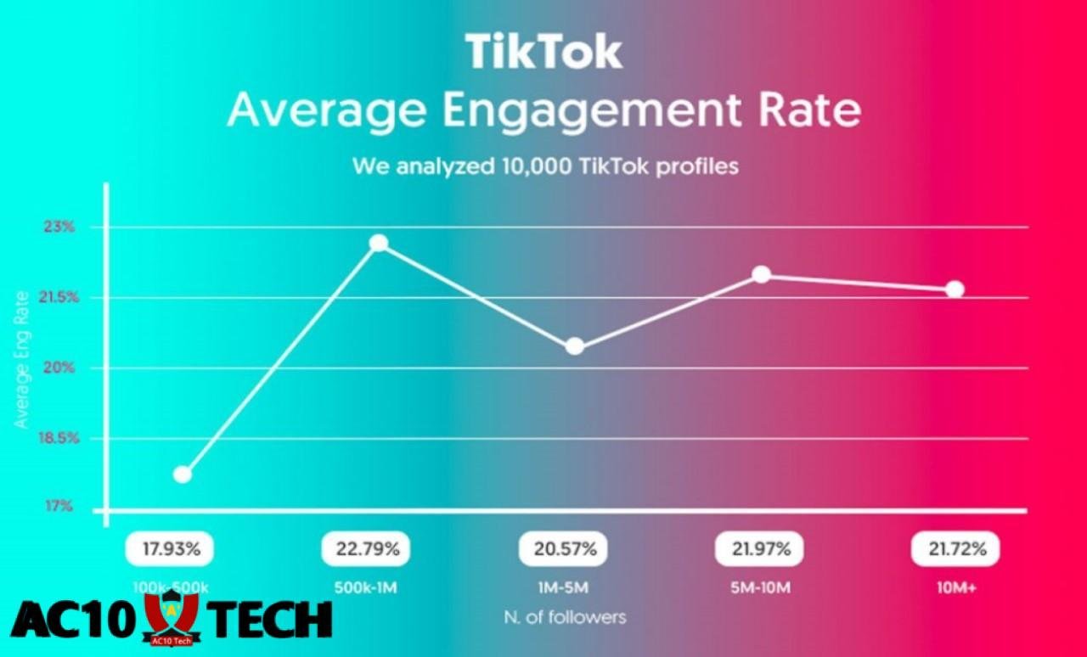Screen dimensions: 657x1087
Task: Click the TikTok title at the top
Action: click(543, 52)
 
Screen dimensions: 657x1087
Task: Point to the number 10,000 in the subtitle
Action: click(523, 166)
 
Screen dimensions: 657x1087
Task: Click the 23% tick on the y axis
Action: click(59, 227)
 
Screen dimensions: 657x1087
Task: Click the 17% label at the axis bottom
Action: click(59, 506)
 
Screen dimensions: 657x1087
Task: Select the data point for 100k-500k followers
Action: click(182, 474)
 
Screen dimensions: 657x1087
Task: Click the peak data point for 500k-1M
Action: click(379, 243)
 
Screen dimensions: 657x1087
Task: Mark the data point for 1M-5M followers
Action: click(575, 346)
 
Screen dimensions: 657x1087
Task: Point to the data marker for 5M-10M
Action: click(762, 274)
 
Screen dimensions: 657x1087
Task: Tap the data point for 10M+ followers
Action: click(955, 289)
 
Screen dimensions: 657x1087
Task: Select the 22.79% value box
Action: click(366, 549)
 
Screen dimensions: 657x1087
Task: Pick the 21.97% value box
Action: click(759, 549)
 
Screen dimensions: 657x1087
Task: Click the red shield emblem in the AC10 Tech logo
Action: click(171, 616)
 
